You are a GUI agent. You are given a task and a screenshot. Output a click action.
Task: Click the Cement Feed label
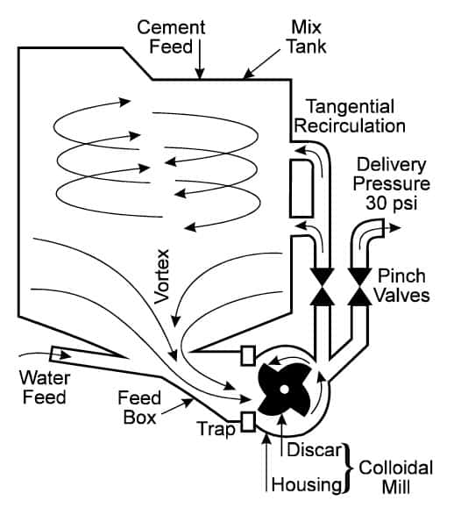point(171,37)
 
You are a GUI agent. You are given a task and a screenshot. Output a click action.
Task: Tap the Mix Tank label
point(306,37)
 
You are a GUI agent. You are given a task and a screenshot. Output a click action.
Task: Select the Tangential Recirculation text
point(350,117)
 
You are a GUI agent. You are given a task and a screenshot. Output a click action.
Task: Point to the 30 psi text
point(391,204)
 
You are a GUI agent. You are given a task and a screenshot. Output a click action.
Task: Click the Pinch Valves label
point(401,285)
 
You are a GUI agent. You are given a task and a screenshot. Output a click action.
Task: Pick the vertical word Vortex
point(162,276)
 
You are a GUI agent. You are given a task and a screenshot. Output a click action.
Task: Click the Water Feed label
point(45,388)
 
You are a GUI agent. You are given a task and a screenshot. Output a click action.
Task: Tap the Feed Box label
point(139,408)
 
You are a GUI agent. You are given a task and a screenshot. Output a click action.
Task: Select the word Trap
point(216,429)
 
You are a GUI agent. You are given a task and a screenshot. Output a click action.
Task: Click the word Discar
point(314,450)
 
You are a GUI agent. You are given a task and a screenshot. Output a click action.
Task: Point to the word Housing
point(306,485)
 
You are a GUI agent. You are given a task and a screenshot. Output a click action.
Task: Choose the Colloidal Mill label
point(395,477)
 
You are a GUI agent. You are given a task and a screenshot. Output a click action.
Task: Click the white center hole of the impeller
point(284,389)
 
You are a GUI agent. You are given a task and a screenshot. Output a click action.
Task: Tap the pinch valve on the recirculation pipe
point(323,286)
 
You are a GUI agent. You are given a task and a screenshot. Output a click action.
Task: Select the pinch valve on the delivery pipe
point(359,286)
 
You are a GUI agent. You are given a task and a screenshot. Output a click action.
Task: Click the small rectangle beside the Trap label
point(248,421)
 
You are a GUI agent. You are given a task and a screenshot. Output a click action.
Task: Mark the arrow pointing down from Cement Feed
point(200,59)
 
